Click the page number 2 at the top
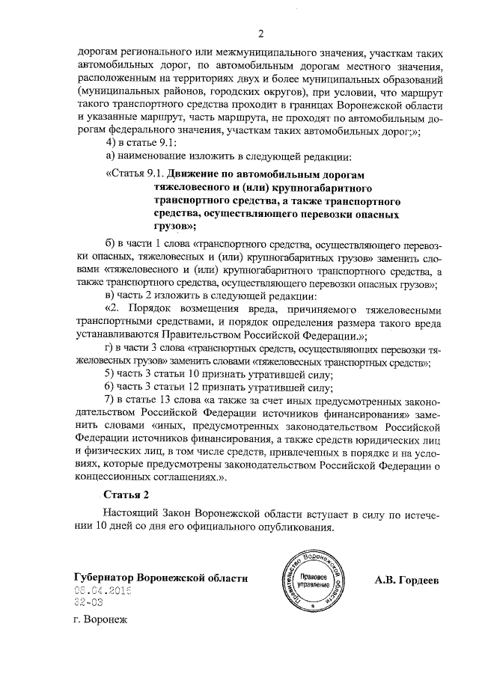coord(261,33)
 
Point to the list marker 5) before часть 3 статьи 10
coord(109,373)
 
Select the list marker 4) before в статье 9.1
coord(109,143)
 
